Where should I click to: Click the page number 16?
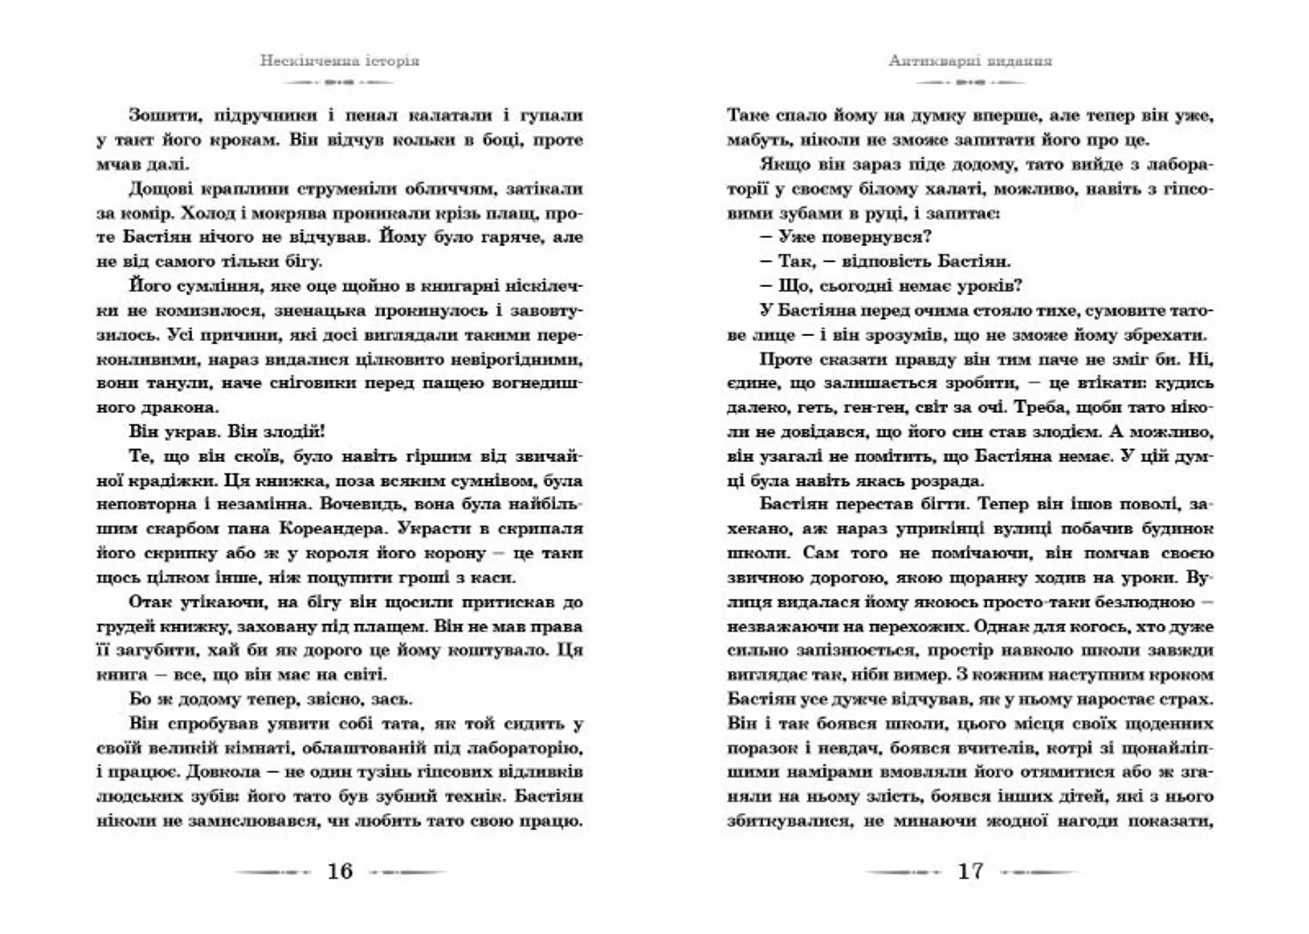click(340, 871)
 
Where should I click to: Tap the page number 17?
click(970, 871)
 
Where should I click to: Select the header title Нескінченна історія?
click(340, 61)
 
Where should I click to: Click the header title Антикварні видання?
click(970, 61)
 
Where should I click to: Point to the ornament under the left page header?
click(340, 82)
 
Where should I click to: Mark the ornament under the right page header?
click(970, 82)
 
